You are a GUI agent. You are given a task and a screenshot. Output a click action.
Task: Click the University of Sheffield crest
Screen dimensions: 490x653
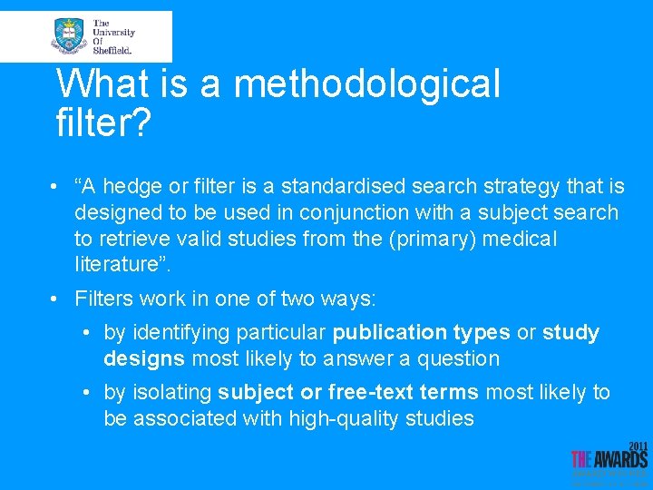pyautogui.click(x=68, y=36)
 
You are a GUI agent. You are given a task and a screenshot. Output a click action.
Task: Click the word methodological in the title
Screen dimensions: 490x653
pyautogui.click(x=366, y=84)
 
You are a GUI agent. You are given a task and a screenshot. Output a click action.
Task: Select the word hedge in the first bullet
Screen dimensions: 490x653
pyautogui.click(x=138, y=187)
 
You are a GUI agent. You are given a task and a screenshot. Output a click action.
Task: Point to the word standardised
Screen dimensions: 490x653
pyautogui.click(x=348, y=187)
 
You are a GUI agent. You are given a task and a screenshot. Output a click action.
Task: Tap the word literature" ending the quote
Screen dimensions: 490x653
pyautogui.click(x=121, y=265)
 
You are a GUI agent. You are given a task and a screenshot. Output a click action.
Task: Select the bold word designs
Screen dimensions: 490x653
pyautogui.click(x=144, y=358)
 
